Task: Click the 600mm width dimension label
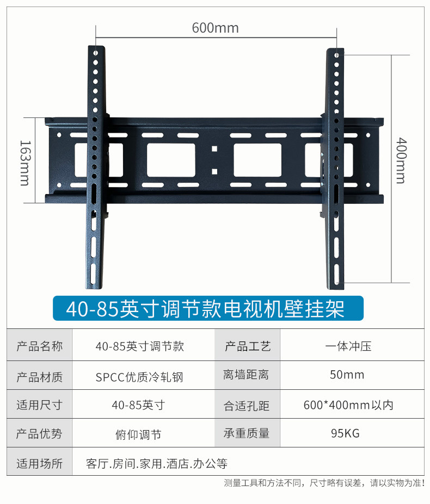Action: (x=215, y=28)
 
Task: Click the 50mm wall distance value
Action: (x=347, y=375)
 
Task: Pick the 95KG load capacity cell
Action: (x=347, y=433)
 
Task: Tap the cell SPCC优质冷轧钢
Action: (x=146, y=376)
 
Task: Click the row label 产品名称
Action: (x=39, y=346)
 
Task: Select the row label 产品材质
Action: (x=39, y=376)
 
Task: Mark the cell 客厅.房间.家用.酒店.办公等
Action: (x=156, y=464)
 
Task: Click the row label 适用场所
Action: (x=39, y=464)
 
